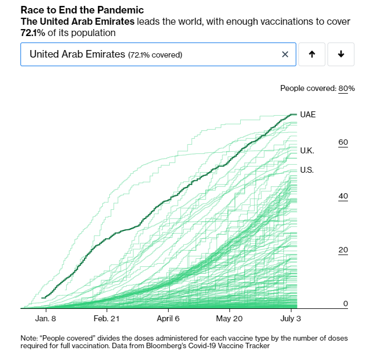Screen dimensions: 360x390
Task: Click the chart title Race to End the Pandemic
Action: [x=82, y=10]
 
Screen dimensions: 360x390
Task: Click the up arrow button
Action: [x=311, y=54]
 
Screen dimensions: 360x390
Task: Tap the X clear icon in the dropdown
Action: [x=285, y=54]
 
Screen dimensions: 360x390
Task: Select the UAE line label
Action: [x=308, y=115]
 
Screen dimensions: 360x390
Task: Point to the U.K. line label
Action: [x=307, y=151]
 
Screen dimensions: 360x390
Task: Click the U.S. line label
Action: [x=307, y=170]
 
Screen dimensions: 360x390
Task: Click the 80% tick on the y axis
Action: [x=346, y=88]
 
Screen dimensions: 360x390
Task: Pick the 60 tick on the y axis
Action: [x=343, y=143]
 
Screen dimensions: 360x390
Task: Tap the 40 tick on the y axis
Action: [x=343, y=196]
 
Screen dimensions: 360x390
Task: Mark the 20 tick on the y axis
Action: [x=343, y=250]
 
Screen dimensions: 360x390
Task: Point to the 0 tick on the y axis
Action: [x=346, y=304]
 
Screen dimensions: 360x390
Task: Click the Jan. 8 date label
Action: [x=46, y=319]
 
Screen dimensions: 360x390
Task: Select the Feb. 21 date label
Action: [x=107, y=319]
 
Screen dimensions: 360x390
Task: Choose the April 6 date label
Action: [x=169, y=319]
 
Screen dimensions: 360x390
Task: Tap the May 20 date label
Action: [x=229, y=319]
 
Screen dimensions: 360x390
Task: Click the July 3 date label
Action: [x=291, y=319]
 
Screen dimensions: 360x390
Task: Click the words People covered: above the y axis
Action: [x=308, y=88]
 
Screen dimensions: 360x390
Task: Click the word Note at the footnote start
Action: [x=30, y=338]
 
